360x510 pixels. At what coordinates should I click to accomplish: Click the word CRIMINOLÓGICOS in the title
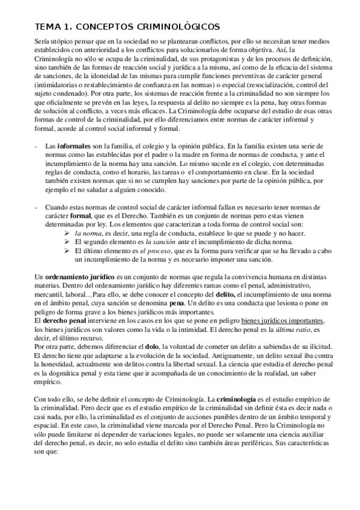coord(170,26)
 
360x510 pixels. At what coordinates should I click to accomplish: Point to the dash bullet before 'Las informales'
coord(37,146)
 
